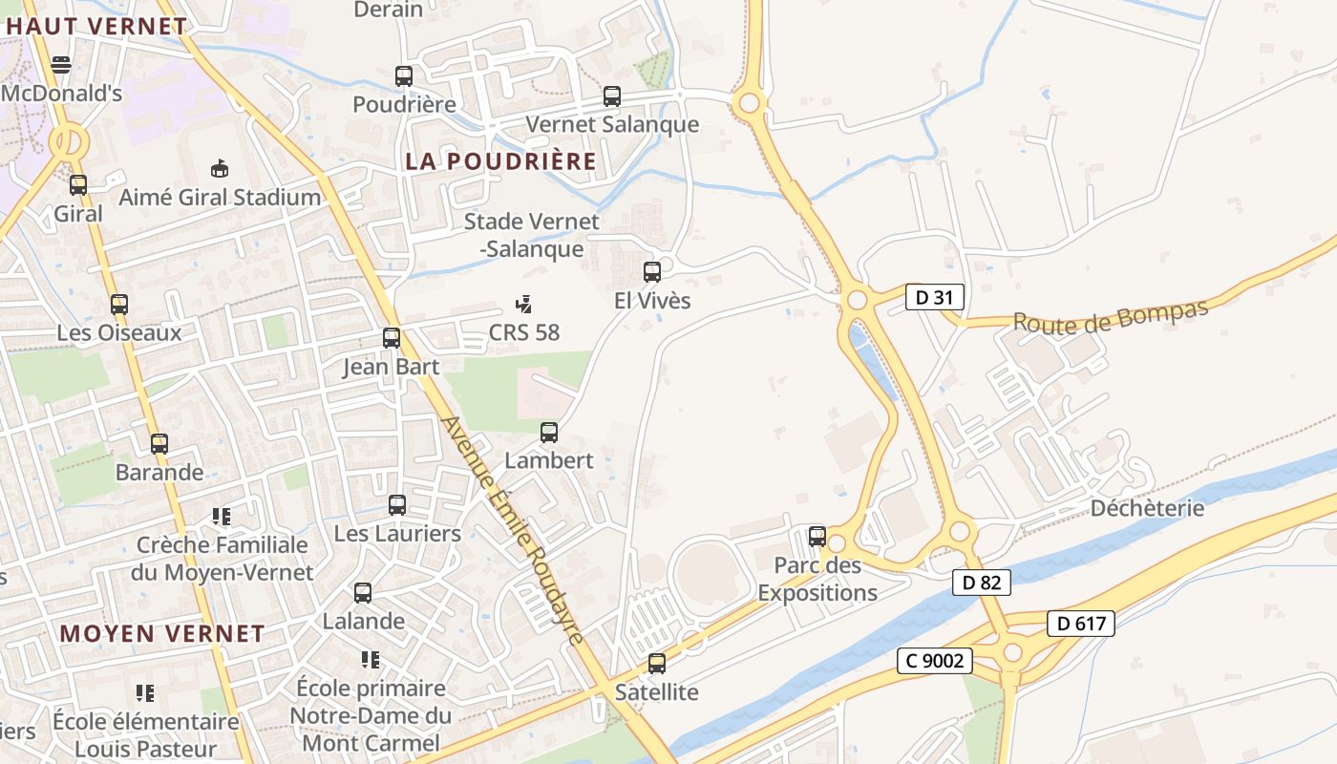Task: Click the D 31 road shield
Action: pos(934,297)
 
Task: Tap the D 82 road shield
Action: pos(981,582)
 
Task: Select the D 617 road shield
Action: pos(1081,625)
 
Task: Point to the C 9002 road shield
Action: pos(934,660)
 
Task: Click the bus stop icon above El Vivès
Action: pos(652,272)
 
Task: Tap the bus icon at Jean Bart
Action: pos(392,337)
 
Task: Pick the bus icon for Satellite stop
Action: pos(657,664)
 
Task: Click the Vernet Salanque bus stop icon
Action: pos(612,96)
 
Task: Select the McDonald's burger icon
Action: pos(61,65)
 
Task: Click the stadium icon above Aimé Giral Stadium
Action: pos(220,168)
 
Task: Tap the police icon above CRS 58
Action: pos(523,305)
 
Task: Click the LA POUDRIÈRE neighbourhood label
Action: pos(500,161)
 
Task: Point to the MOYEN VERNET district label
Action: pos(162,633)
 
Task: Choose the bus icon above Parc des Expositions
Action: pos(817,536)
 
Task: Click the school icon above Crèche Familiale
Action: pos(222,517)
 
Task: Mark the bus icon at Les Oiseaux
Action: pos(119,305)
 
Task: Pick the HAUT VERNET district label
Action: pos(95,26)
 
